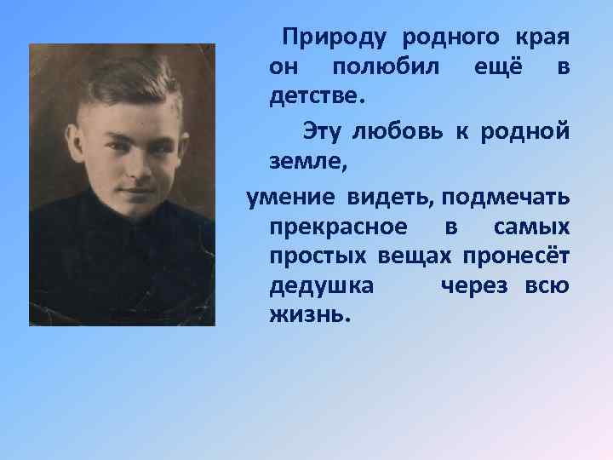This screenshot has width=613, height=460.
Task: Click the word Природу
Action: click(335, 38)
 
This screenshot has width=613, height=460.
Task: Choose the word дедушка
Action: click(321, 285)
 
